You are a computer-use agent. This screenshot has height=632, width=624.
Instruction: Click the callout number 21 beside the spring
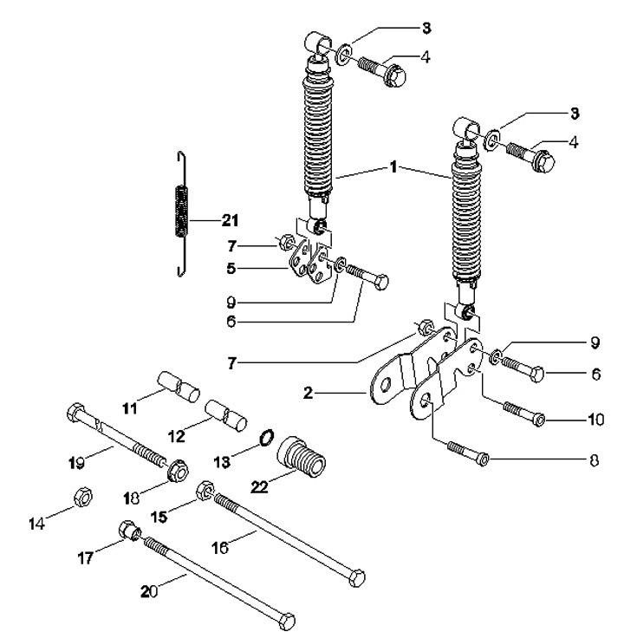[x=211, y=219]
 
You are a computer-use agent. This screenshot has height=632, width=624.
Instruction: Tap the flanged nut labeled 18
[x=179, y=469]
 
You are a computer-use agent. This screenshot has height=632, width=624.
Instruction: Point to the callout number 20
[x=148, y=592]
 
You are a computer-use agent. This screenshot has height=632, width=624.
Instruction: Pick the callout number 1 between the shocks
[x=393, y=166]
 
